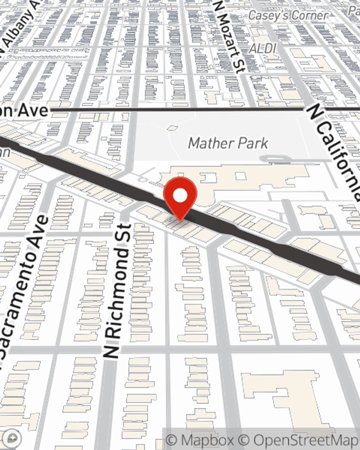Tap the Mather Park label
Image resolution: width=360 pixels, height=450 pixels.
click(x=228, y=143)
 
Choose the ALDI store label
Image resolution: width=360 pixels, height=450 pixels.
click(x=263, y=48)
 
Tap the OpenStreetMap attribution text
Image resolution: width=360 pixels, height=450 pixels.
click(x=306, y=440)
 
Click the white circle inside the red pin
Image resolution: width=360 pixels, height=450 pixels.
click(x=180, y=195)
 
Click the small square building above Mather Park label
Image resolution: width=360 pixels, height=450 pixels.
click(x=173, y=127)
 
